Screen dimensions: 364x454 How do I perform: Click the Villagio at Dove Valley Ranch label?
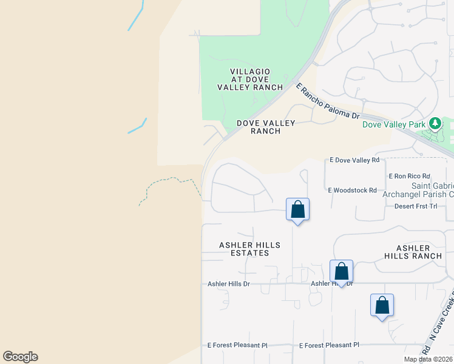(250, 79)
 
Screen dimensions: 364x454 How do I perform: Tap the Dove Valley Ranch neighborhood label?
(266, 127)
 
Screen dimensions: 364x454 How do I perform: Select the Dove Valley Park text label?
(393, 124)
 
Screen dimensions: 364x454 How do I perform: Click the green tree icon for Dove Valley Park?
(435, 124)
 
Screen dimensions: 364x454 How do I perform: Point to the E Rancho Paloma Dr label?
(328, 101)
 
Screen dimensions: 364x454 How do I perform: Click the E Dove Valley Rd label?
(354, 160)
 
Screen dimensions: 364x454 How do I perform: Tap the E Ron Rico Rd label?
(409, 176)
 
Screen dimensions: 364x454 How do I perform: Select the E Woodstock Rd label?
(353, 190)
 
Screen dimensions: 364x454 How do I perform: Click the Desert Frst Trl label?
(415, 206)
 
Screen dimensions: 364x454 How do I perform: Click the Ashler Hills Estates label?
(249, 249)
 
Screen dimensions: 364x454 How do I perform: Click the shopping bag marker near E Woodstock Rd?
(297, 210)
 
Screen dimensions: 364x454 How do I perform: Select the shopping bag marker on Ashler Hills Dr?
(341, 271)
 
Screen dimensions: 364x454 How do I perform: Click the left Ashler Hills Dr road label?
(229, 284)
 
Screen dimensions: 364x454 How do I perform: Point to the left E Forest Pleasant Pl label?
(237, 345)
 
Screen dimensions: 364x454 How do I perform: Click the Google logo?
(20, 357)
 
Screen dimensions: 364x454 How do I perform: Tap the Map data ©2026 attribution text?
(428, 359)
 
